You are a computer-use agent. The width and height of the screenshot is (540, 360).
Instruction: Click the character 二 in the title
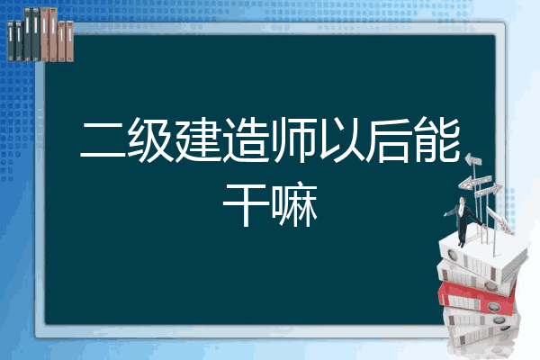(103, 140)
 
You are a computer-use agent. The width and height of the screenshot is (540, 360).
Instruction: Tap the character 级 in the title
(150, 140)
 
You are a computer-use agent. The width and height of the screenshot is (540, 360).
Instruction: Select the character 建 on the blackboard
(198, 140)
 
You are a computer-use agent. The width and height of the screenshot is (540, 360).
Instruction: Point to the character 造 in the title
(246, 140)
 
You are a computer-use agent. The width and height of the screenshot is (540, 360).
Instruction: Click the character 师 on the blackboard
(293, 140)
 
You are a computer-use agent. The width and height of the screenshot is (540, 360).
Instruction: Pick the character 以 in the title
(341, 140)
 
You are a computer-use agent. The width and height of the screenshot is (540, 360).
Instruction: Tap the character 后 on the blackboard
(389, 140)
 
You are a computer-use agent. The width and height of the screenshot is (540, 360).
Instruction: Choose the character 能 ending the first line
(437, 139)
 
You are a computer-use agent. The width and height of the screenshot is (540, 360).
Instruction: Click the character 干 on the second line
(246, 204)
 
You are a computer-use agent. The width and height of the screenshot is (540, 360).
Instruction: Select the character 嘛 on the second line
(294, 204)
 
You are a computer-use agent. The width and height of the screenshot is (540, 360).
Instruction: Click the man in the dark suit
(463, 220)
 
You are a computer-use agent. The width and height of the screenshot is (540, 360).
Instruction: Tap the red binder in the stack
(476, 297)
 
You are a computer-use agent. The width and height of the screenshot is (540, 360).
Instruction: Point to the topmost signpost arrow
(473, 159)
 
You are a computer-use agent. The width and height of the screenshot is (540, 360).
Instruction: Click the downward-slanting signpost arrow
(500, 220)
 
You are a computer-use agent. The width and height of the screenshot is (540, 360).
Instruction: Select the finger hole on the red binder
(493, 306)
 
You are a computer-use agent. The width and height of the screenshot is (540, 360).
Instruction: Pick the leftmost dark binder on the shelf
(11, 40)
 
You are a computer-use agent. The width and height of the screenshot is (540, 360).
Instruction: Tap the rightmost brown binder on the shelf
(69, 41)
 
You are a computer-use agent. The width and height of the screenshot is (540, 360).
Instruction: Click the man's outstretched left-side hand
(445, 214)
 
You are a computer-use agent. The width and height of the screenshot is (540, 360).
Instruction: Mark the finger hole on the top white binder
(452, 256)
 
